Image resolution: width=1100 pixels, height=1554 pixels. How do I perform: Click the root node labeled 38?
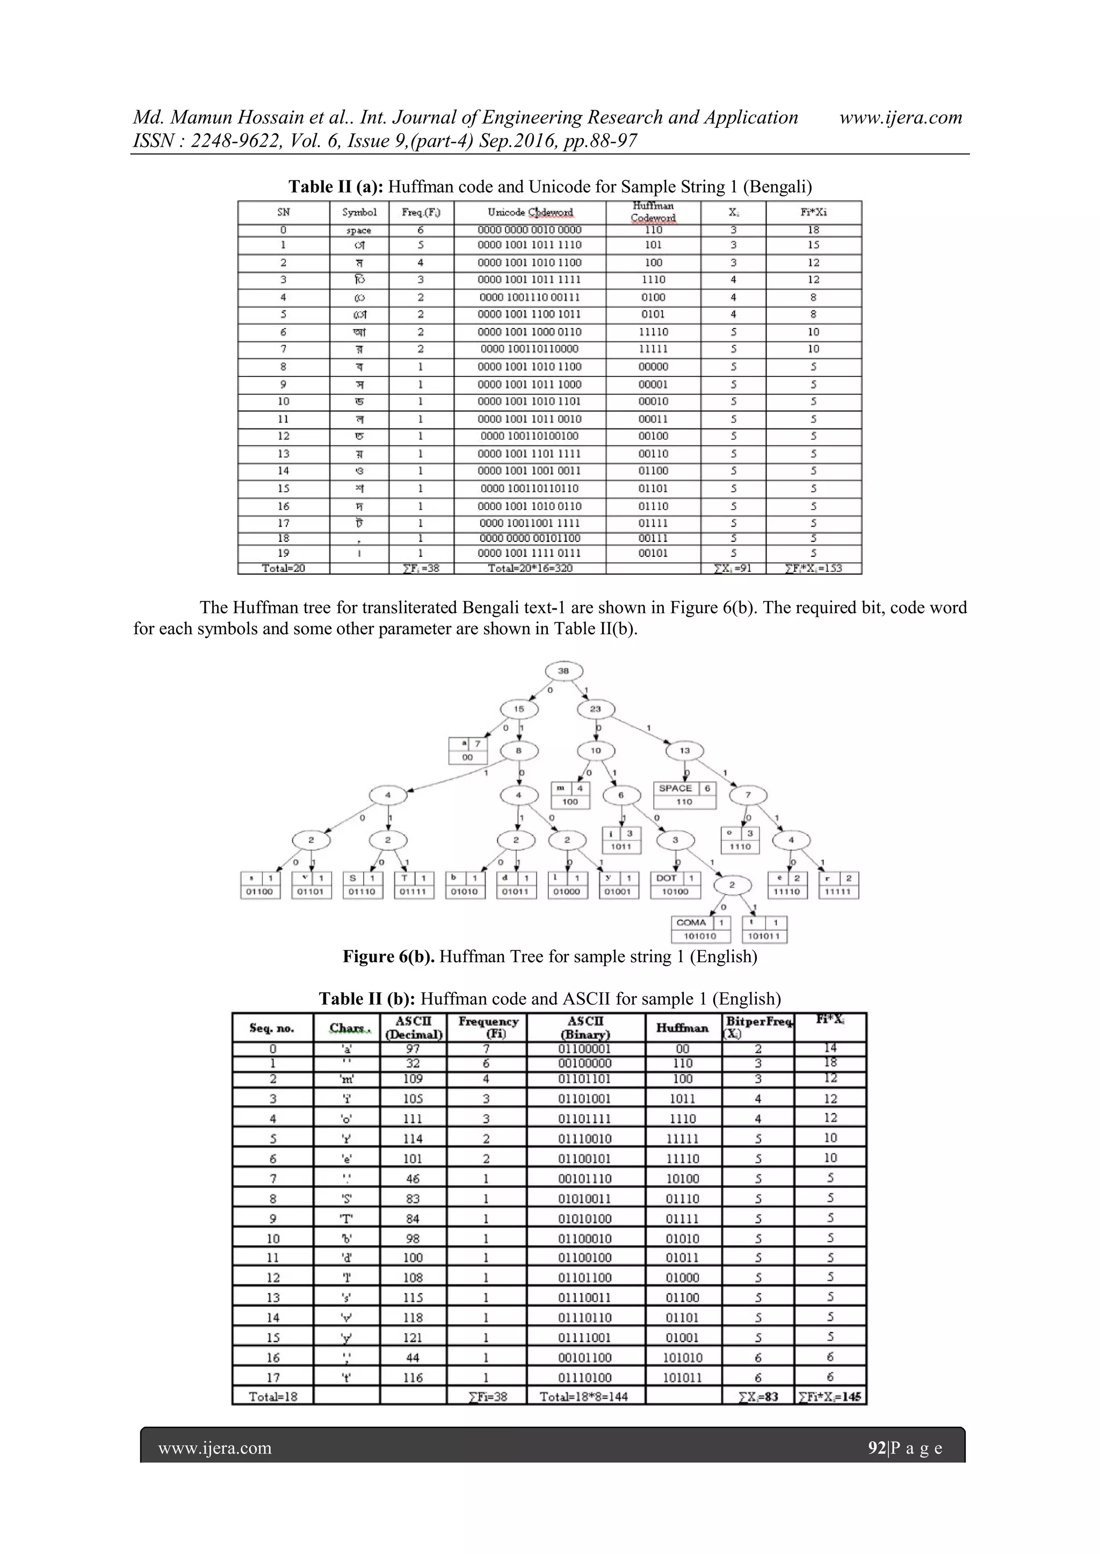point(563,671)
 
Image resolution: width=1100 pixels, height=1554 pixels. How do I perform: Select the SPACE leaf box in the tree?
point(684,795)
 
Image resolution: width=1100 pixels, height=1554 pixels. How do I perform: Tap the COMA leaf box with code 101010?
point(701,929)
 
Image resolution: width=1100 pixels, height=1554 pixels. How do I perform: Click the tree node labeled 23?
point(595,709)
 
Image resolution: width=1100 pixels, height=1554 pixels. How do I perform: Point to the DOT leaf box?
point(675,884)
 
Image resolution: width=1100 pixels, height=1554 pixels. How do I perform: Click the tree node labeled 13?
point(685,750)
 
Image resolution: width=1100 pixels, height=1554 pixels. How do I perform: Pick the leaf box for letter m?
point(570,795)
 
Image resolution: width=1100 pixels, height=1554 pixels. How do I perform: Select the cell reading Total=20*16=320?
point(530,568)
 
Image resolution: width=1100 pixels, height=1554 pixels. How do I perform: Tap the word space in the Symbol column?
point(358,231)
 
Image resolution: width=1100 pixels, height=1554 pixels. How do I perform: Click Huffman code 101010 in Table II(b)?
point(682,1357)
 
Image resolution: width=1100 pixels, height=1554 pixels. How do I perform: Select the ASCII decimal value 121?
point(412,1337)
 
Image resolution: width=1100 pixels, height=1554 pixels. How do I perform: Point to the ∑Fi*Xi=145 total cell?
point(830,1396)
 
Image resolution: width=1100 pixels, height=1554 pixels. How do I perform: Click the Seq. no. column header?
point(272,1028)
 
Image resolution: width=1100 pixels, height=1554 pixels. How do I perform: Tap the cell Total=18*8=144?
point(583,1396)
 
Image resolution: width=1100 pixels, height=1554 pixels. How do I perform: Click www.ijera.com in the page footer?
point(215,1448)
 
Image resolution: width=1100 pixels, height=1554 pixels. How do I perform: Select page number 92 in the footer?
point(877,1448)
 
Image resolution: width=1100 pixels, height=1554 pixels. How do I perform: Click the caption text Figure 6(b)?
point(388,957)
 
